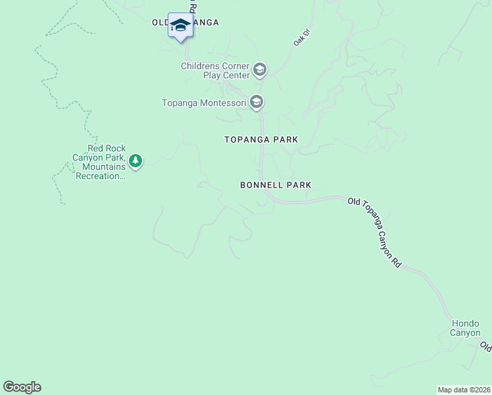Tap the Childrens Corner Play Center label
216,71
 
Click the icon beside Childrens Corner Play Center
260,69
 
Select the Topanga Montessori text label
204,103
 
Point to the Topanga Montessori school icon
257,102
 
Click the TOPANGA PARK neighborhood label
261,140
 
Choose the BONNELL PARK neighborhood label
276,186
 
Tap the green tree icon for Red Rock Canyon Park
135,161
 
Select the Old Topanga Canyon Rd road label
375,232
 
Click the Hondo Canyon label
465,328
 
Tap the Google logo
22,387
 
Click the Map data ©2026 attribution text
464,390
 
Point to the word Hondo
465,323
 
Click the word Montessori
224,103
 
